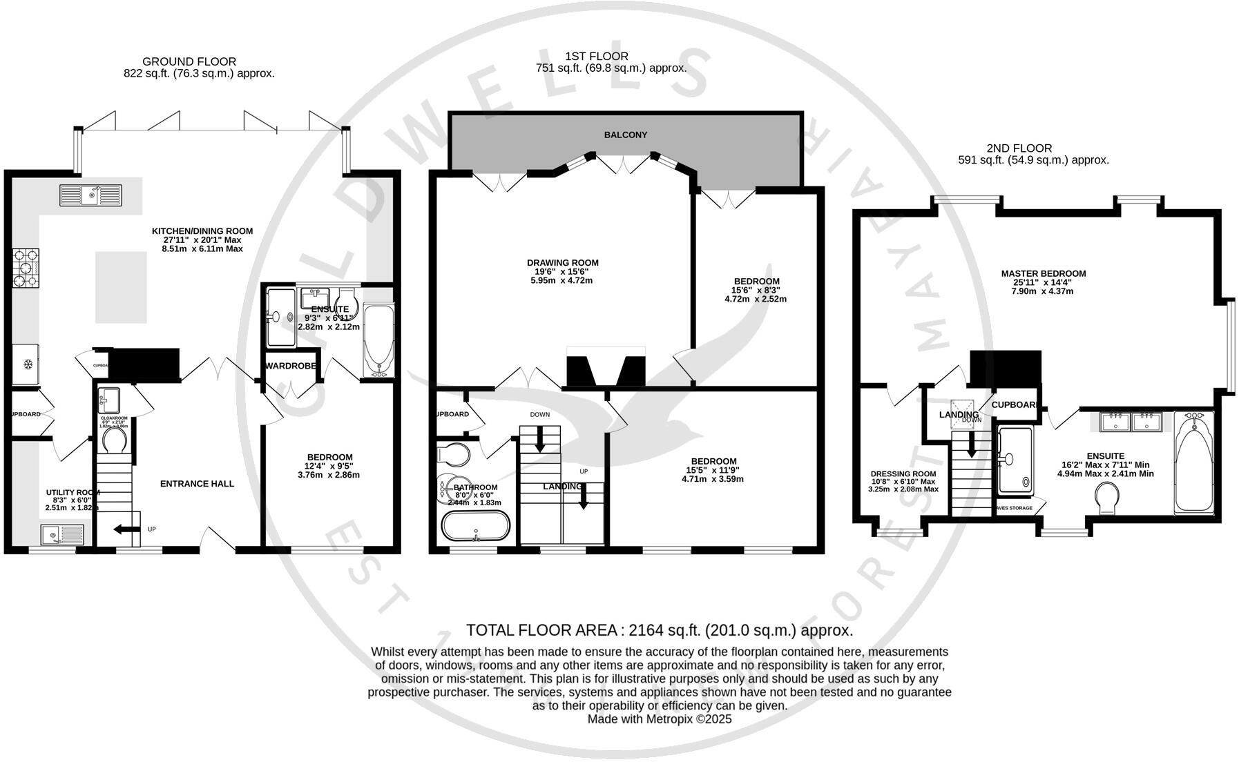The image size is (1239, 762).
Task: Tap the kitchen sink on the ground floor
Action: pyautogui.click(x=90, y=195)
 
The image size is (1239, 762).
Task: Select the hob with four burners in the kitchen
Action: pyautogui.click(x=26, y=268)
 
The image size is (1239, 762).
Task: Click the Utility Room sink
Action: pyautogui.click(x=62, y=534)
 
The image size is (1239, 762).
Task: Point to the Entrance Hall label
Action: pyautogui.click(x=197, y=484)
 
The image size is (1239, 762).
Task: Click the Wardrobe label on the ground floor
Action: pyautogui.click(x=290, y=366)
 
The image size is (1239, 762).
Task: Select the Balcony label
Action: pyautogui.click(x=625, y=135)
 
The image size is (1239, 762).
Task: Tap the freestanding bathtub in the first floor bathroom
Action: pyautogui.click(x=475, y=527)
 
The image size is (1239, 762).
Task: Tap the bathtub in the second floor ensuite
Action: pyautogui.click(x=1193, y=462)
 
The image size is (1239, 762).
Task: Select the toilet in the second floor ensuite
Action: pyautogui.click(x=1107, y=497)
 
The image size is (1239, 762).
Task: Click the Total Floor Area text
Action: pyautogui.click(x=659, y=630)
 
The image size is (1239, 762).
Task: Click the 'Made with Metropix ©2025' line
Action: pyautogui.click(x=659, y=719)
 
